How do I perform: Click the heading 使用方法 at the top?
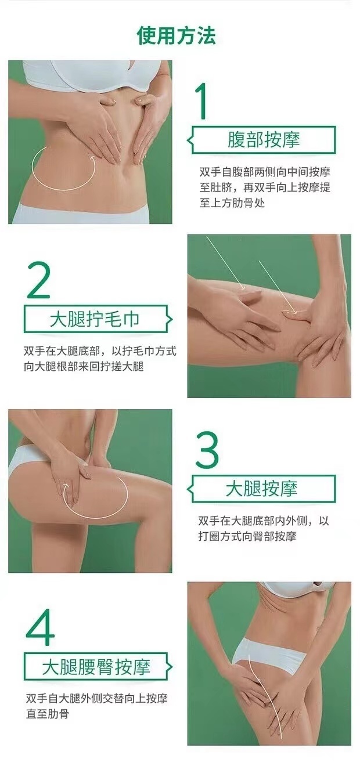point(177,36)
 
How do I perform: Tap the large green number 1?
point(203,101)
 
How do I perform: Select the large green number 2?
point(39,280)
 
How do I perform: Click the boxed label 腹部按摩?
point(263,140)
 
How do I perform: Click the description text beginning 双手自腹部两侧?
point(265,187)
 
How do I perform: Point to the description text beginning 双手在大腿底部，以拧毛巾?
point(100,359)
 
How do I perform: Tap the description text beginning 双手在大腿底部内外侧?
point(264,528)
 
